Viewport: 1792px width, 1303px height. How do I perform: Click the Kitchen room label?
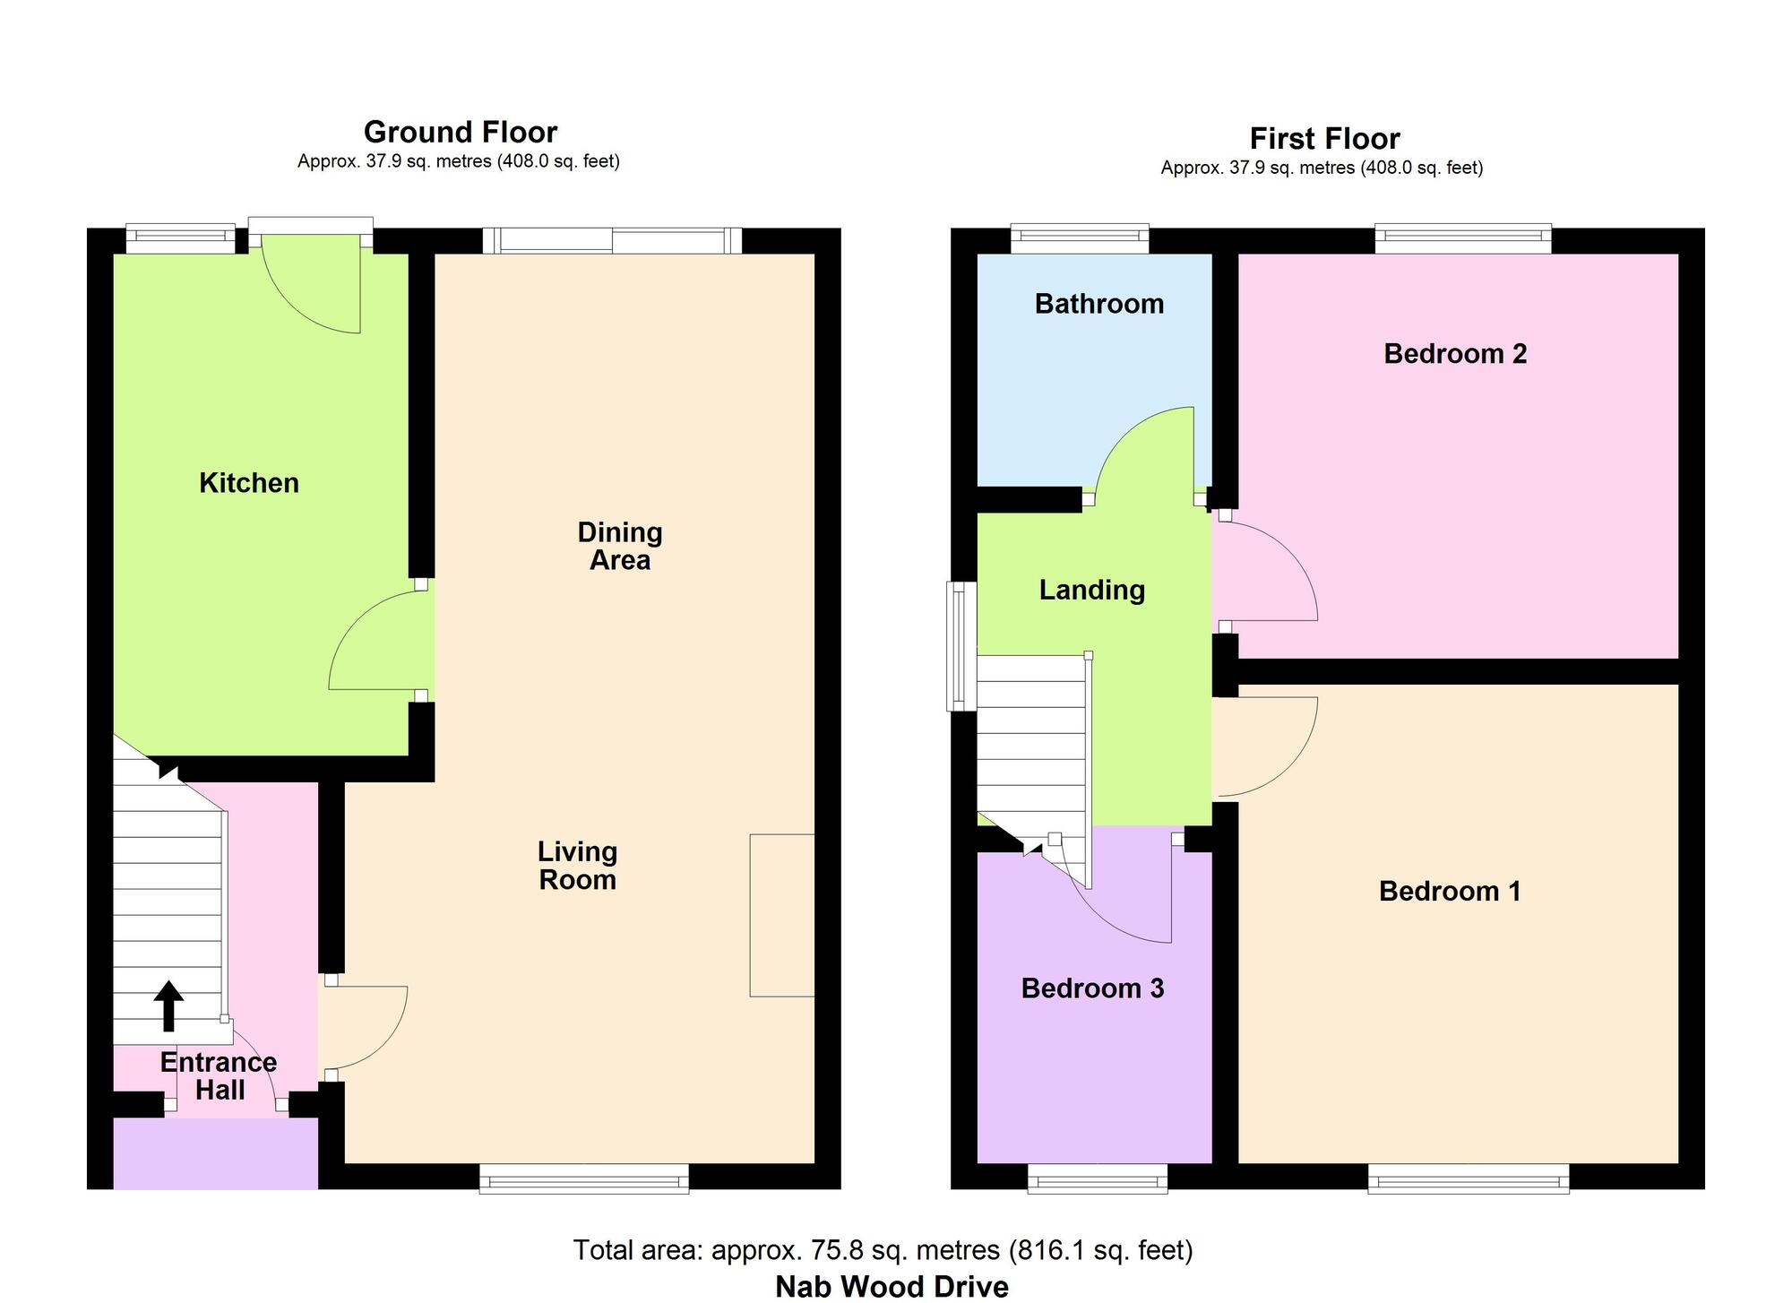[x=249, y=483]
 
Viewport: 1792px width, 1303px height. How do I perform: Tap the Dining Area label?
[x=620, y=546]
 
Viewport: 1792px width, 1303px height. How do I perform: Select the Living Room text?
[x=577, y=866]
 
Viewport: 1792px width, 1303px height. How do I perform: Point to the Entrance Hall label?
[x=219, y=1075]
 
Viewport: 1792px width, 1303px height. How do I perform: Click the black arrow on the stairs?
[x=168, y=1005]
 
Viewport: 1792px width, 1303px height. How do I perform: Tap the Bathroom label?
[x=1099, y=304]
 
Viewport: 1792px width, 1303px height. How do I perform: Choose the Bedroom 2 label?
[x=1455, y=354]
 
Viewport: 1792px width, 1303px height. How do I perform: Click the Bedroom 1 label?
[x=1450, y=891]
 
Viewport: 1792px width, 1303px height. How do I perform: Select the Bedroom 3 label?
[x=1092, y=988]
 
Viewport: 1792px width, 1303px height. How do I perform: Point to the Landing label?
[x=1092, y=590]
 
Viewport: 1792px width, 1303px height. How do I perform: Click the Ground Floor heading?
[x=461, y=132]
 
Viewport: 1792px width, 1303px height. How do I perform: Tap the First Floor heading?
[x=1324, y=139]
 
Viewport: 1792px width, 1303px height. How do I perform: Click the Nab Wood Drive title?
[x=892, y=1287]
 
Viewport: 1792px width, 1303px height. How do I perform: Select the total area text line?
[x=883, y=1249]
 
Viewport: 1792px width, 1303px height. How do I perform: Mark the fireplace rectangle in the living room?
[x=782, y=915]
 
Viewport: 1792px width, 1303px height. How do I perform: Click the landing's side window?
[x=962, y=645]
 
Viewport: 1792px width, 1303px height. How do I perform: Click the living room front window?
[x=584, y=1178]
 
